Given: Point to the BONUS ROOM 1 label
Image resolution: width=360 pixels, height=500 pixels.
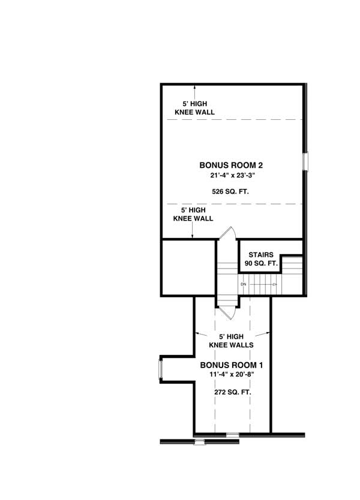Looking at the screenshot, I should (x=232, y=365).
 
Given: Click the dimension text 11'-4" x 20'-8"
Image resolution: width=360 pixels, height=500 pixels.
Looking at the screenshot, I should (x=232, y=375).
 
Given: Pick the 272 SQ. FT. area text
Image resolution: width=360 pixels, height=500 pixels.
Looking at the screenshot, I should (x=232, y=391).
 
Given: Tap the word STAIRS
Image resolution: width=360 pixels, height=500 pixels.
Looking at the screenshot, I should (x=260, y=255).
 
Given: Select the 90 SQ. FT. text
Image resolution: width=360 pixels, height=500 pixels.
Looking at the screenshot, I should (x=260, y=264).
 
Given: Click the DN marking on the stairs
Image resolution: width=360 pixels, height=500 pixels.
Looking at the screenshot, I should (x=244, y=284).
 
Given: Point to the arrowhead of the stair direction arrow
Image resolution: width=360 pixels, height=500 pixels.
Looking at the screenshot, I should (x=275, y=284).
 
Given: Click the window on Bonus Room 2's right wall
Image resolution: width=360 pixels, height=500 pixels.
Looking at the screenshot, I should (x=305, y=162).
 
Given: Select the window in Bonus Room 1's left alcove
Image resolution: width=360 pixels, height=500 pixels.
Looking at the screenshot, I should (x=160, y=369).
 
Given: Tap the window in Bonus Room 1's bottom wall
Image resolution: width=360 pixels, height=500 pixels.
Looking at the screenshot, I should (x=232, y=433).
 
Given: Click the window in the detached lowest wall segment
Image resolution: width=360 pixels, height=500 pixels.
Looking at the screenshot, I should (x=200, y=442).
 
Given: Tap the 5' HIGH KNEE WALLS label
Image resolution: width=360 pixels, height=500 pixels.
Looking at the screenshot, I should (x=232, y=341).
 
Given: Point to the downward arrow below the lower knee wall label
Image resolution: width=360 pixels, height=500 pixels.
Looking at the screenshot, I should (x=192, y=235).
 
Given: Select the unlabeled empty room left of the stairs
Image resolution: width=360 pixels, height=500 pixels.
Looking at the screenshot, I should (x=188, y=267).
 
